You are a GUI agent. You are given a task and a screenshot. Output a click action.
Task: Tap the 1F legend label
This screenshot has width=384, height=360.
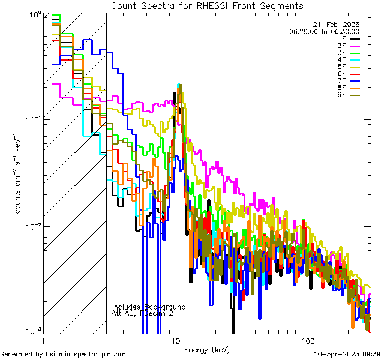pos(341,38)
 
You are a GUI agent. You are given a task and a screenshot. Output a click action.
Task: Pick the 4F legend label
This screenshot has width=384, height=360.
pos(341,59)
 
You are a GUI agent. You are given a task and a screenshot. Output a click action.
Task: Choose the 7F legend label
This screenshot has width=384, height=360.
pos(341,80)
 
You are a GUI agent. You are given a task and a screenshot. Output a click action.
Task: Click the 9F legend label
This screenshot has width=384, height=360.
pos(341,94)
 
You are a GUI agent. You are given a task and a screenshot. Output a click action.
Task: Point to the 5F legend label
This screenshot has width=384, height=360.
pos(341,66)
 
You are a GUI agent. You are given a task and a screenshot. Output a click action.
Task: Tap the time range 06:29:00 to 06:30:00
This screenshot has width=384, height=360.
pos(324,31)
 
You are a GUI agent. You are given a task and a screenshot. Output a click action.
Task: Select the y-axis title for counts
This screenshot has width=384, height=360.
pos(19,174)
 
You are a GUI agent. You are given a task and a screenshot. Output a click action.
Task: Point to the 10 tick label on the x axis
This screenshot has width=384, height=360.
pos(176,340)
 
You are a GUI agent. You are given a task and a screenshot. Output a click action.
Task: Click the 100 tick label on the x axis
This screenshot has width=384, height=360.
pos(307,340)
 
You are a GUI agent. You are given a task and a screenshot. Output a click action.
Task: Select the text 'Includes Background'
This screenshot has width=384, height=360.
pos(149,307)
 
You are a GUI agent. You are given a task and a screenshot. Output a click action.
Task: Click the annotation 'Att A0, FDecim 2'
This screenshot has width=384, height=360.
pos(143,313)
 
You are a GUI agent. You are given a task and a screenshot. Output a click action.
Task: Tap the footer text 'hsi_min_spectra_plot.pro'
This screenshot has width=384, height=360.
pos(86,355)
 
